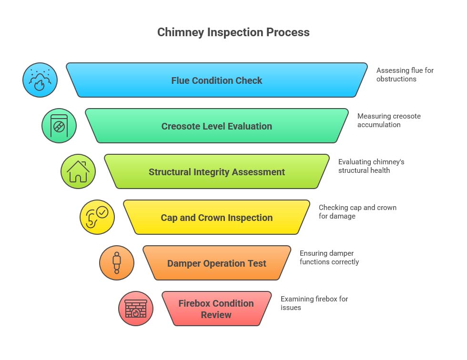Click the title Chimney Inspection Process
point(233,32)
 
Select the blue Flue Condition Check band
point(217,80)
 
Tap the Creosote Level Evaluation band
point(217,126)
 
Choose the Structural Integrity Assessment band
point(217,172)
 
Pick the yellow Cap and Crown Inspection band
point(217,218)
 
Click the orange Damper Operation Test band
point(217,263)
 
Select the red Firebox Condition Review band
point(217,309)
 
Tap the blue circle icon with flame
point(40,80)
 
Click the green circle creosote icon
point(59,126)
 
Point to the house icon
point(78,171)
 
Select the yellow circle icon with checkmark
point(97,217)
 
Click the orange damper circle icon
point(117,263)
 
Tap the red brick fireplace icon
point(136,309)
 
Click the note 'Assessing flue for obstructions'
point(405,75)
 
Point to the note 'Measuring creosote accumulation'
point(389,120)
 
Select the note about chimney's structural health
point(371,166)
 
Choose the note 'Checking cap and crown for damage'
point(357,212)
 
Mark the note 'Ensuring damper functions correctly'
point(329,258)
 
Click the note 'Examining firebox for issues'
point(314,303)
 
